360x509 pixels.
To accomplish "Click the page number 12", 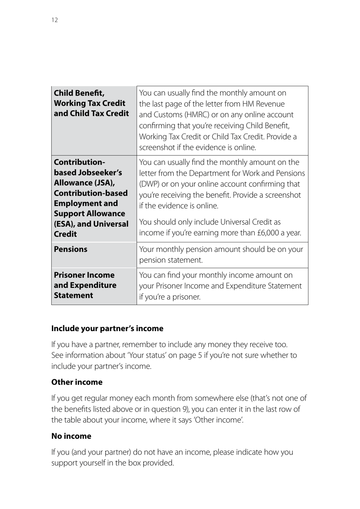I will coord(55,20).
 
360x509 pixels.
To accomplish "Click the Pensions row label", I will coord(70,249).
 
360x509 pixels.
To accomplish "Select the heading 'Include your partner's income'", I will coord(107,328).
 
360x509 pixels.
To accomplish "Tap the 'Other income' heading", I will coord(77,382).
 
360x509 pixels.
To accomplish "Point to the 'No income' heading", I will coord(71,436).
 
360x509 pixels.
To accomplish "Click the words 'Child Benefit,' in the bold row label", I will coord(79,93).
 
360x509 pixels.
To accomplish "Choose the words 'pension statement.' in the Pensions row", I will coord(171,260).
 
